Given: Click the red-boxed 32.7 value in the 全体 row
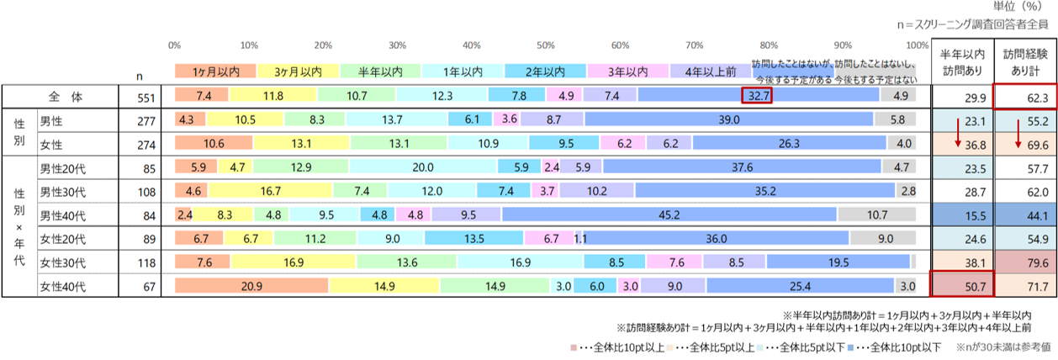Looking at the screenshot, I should click(x=756, y=96).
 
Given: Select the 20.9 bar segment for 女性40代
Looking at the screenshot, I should click(x=251, y=286).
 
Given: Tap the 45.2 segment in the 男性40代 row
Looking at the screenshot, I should click(x=669, y=214).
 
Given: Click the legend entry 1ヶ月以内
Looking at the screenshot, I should click(x=214, y=71).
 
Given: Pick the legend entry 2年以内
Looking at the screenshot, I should click(x=544, y=71).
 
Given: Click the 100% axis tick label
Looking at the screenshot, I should click(x=917, y=45).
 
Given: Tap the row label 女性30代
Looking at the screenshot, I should click(x=64, y=262).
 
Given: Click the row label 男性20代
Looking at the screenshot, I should click(x=64, y=167).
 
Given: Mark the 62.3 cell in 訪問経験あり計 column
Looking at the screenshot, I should click(x=1024, y=97).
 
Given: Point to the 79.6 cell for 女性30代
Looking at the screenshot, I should click(x=1024, y=262).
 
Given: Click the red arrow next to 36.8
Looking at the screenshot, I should click(x=956, y=132).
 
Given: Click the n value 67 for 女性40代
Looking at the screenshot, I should click(x=146, y=286).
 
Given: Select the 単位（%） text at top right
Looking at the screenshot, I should click(x=1019, y=7).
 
